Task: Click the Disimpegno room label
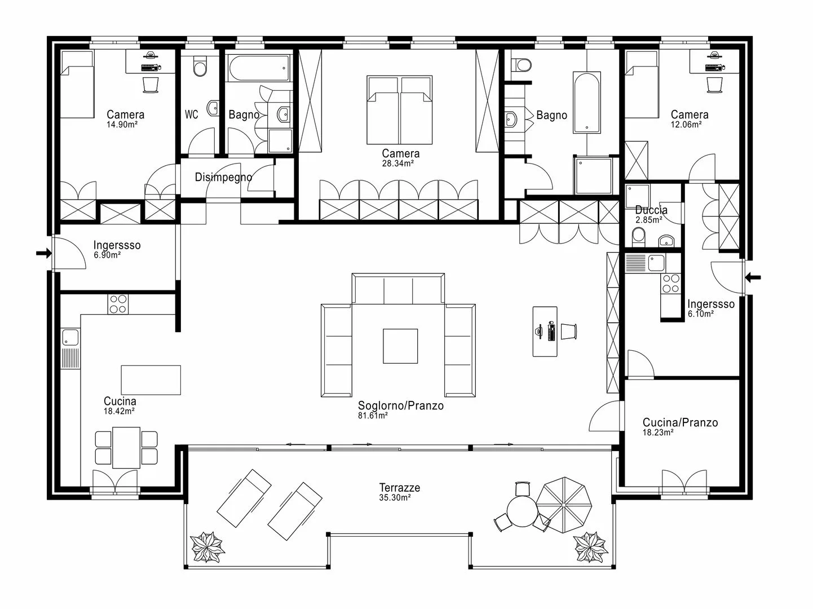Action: (223, 178)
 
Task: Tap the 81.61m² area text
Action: (373, 416)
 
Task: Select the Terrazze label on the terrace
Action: (400, 488)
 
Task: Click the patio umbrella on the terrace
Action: (564, 505)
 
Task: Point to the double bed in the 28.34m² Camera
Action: (400, 110)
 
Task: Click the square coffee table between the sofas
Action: (400, 346)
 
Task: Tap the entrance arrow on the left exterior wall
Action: (43, 254)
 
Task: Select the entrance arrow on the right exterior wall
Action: (753, 277)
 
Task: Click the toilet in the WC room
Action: (200, 67)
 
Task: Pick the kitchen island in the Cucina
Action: (151, 380)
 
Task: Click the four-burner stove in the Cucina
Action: (118, 304)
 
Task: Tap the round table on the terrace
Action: (522, 511)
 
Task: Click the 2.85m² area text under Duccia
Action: (649, 220)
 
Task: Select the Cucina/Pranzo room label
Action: (680, 423)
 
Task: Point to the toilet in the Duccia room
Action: (639, 237)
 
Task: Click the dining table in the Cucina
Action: (126, 448)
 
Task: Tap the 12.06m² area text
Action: (686, 125)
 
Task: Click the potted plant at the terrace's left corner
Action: (207, 547)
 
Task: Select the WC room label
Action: (192, 114)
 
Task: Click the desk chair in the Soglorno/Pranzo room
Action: (569, 332)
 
